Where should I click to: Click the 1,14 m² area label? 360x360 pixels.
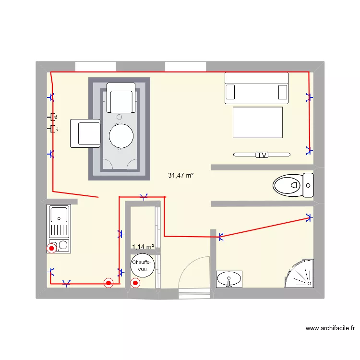click(143, 247)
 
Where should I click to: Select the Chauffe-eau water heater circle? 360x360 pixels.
click(143, 265)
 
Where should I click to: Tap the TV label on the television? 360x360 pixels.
click(262, 155)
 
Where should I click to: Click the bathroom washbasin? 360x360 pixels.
click(229, 279)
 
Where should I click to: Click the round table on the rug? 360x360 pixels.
click(121, 136)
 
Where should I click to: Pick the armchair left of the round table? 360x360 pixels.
click(85, 133)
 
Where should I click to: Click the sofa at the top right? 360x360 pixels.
click(257, 88)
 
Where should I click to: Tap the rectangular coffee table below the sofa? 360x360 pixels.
click(258, 122)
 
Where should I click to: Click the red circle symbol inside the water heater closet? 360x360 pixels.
click(135, 283)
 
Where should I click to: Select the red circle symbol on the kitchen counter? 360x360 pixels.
click(51, 249)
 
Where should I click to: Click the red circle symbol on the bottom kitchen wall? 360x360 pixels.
click(109, 283)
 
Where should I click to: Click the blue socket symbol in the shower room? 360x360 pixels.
click(309, 217)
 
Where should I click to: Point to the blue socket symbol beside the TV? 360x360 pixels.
click(309, 150)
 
